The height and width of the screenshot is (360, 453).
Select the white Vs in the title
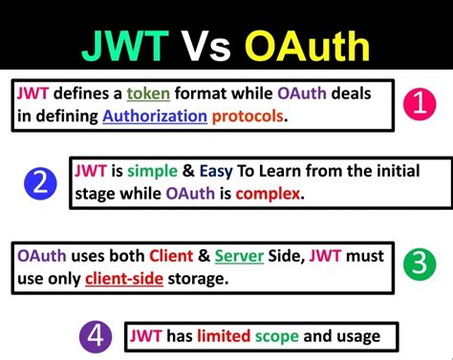pos(206,45)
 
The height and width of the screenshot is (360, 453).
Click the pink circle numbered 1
pos(420,103)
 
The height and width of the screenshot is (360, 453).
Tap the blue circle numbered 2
pos(39,181)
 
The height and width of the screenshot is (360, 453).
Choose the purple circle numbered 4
pos(95,335)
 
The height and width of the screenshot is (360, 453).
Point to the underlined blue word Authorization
pos(155,116)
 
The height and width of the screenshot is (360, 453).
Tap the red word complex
pos(271,194)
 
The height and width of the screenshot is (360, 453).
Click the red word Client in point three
pos(173,256)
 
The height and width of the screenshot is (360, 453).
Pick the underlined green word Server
pos(240,256)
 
